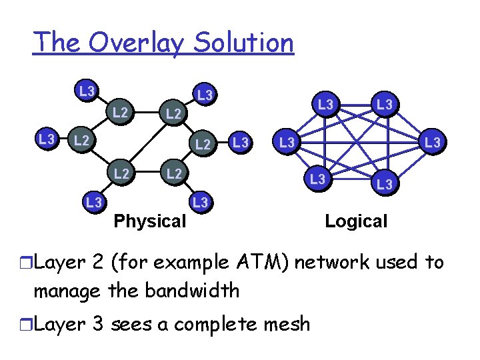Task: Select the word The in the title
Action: click(x=57, y=43)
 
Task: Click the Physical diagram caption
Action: click(x=150, y=221)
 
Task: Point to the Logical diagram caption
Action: click(x=356, y=221)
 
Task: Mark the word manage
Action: click(x=64, y=291)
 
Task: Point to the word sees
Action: click(x=134, y=324)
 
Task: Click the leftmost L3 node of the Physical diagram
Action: click(x=46, y=139)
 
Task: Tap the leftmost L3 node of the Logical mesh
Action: click(x=287, y=142)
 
